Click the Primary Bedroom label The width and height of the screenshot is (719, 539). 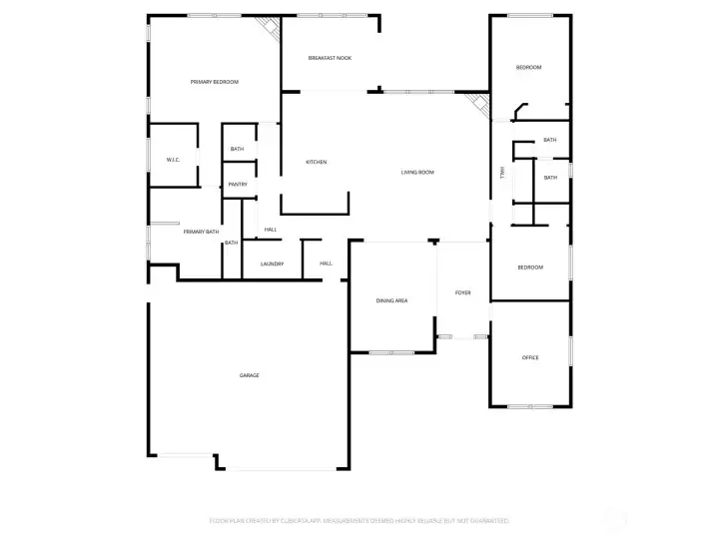click(215, 82)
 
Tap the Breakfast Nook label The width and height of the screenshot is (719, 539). click(330, 58)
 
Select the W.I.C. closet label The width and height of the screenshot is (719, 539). click(172, 160)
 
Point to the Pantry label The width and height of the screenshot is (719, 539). click(237, 184)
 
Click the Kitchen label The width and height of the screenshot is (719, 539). click(316, 162)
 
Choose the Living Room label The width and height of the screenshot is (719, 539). click(417, 173)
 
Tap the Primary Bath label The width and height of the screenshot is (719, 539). click(201, 232)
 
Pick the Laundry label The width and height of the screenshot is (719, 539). click(273, 264)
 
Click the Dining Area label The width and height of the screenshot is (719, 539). click(391, 300)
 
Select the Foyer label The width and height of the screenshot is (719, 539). click(462, 292)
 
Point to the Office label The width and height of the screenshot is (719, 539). click(530, 357)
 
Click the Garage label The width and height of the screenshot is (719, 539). click(249, 375)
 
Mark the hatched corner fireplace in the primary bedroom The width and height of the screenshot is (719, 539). click(267, 27)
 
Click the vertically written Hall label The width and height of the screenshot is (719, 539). click(502, 173)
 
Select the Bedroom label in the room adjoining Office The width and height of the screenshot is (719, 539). click(530, 268)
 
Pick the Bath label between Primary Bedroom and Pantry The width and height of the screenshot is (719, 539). click(237, 149)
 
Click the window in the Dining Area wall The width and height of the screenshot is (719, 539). click(391, 352)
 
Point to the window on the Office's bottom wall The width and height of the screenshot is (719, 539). click(530, 406)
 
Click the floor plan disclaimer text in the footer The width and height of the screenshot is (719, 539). click(359, 520)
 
